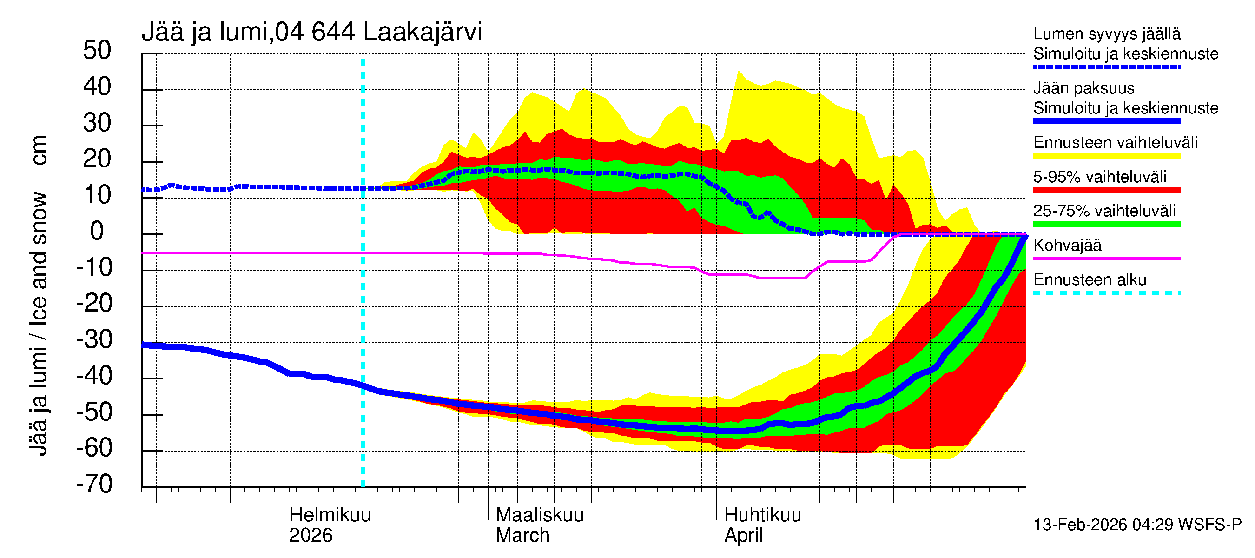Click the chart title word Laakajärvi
(x=422, y=33)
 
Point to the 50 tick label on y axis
(x=97, y=51)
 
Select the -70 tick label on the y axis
(x=94, y=484)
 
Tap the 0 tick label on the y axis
(x=97, y=231)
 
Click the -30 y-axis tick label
(x=94, y=339)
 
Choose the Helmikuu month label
(x=330, y=515)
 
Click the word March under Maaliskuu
(x=522, y=536)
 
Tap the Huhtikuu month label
(x=762, y=515)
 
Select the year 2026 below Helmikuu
(x=310, y=536)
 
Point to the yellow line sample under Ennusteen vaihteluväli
(x=1106, y=156)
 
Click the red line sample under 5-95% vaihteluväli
(x=1106, y=190)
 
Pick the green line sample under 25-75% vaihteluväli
(x=1106, y=224)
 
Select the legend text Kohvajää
(x=1067, y=246)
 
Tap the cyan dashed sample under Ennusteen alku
(x=1106, y=293)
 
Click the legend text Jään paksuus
(x=1083, y=89)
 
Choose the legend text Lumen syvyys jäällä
(x=1106, y=34)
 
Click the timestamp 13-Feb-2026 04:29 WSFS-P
(x=1137, y=525)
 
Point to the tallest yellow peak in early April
(x=739, y=72)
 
